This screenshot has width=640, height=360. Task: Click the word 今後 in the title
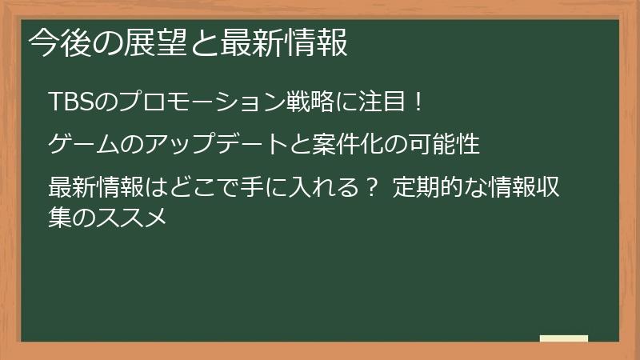pos(57,43)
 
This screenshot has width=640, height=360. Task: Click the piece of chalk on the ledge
pos(563,338)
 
